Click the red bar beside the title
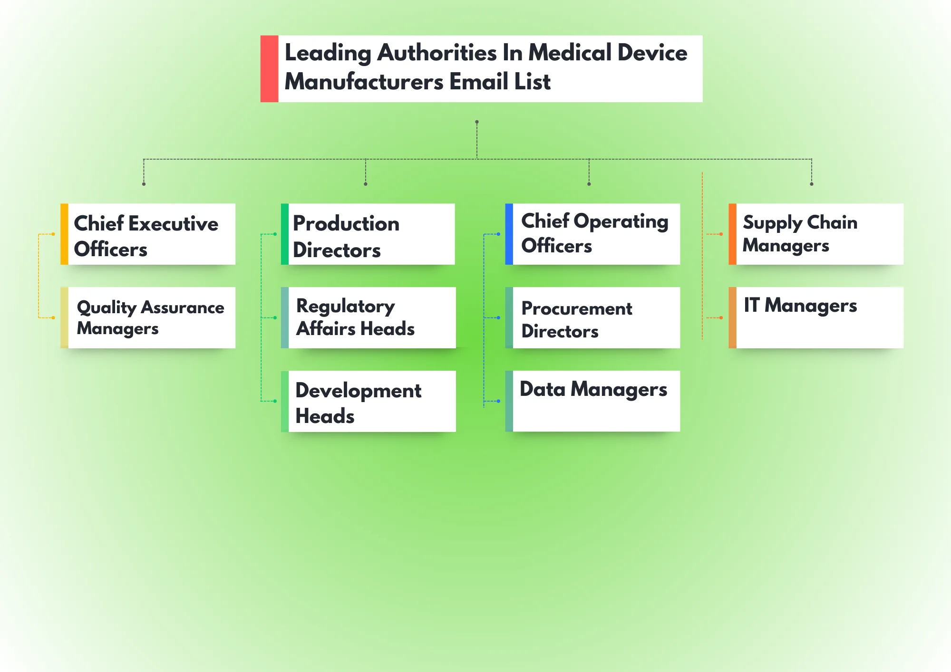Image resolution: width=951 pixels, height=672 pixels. click(x=269, y=68)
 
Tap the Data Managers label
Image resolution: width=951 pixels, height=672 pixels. click(x=593, y=390)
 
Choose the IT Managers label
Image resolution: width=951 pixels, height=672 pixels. click(x=800, y=306)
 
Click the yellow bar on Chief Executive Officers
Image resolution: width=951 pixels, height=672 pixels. click(x=64, y=234)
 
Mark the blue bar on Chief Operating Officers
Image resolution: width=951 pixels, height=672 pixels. click(x=509, y=234)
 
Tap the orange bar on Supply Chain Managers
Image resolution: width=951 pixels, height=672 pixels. click(x=732, y=234)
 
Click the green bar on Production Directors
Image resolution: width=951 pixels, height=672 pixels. click(x=285, y=234)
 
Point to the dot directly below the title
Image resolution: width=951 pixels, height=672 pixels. click(x=477, y=122)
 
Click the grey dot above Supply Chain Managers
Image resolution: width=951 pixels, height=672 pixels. click(x=812, y=184)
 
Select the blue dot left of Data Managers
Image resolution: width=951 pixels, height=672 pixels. click(x=498, y=401)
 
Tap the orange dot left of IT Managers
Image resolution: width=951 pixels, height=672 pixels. click(x=721, y=317)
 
